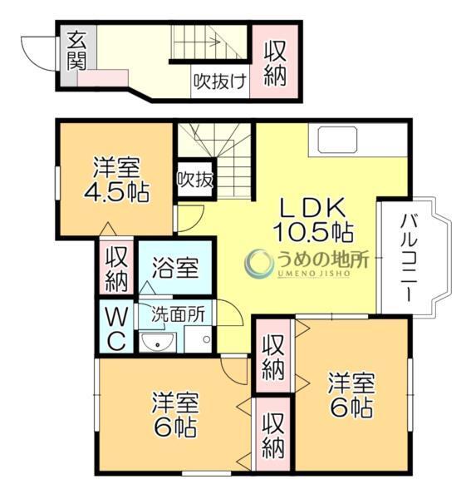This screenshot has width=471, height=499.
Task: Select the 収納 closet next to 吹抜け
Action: (x=275, y=62)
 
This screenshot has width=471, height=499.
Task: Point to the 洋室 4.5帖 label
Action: (x=115, y=180)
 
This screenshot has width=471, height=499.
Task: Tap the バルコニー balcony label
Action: (x=409, y=257)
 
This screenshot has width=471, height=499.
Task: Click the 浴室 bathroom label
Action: (x=175, y=269)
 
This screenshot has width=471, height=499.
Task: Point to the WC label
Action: (x=117, y=328)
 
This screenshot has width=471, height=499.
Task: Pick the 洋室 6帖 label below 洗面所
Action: (x=174, y=417)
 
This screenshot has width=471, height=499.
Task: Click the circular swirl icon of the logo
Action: (x=259, y=264)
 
